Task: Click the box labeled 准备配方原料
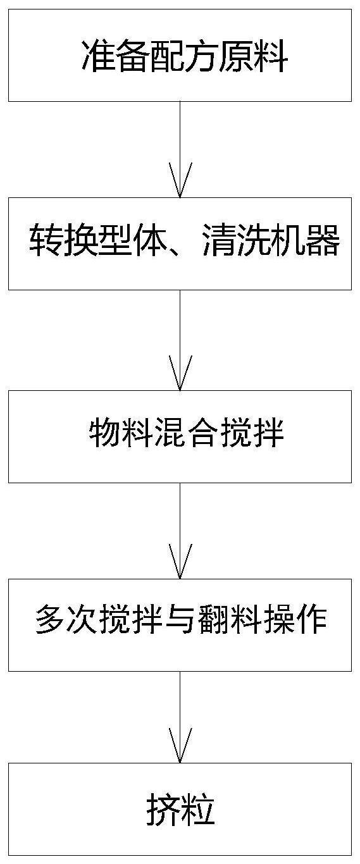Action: coord(180,55)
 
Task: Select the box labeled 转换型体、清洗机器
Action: coord(180,244)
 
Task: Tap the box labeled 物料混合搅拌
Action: coord(180,436)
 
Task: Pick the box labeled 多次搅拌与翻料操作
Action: coord(180,625)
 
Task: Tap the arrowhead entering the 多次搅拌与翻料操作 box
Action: coord(180,562)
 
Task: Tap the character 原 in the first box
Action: coord(237,56)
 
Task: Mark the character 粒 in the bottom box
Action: coord(198,810)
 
